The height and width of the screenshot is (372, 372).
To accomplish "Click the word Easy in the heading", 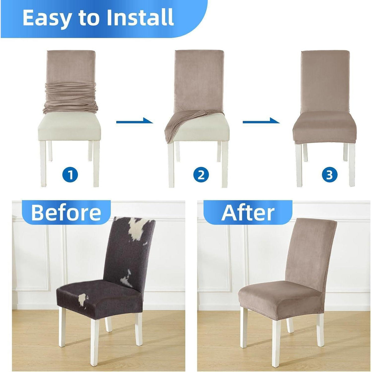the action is pyautogui.click(x=46, y=18).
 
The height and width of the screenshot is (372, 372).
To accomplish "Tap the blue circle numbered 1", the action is pyautogui.click(x=70, y=175).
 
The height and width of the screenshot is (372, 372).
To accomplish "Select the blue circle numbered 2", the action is pyautogui.click(x=201, y=175).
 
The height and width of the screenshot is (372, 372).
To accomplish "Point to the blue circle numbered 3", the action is pyautogui.click(x=330, y=175).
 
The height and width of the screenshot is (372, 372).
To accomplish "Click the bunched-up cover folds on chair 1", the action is pyautogui.click(x=70, y=98).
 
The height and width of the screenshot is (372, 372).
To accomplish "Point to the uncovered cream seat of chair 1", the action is pyautogui.click(x=69, y=128).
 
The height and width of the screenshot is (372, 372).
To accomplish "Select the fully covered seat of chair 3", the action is pyautogui.click(x=325, y=129).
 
